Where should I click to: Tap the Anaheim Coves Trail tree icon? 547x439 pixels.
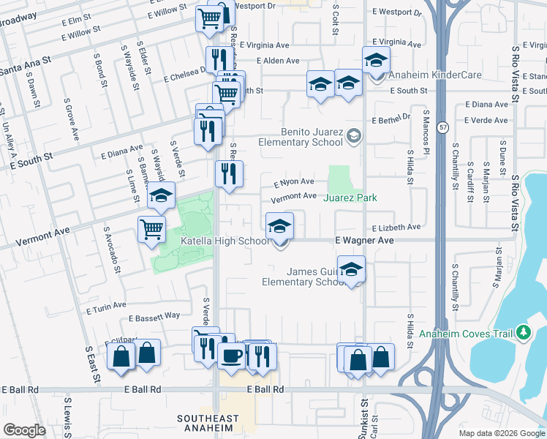pyautogui.click(x=522, y=333)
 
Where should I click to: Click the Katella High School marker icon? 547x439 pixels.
pyautogui.click(x=279, y=226)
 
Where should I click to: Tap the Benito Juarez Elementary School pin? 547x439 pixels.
pyautogui.click(x=354, y=135)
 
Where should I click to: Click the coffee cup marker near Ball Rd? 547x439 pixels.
pyautogui.click(x=232, y=356)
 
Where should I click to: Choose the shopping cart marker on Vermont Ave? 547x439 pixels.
pyautogui.click(x=151, y=229)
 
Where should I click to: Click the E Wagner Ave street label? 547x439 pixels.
pyautogui.click(x=364, y=241)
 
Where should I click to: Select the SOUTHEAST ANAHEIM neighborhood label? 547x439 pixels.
pyautogui.click(x=208, y=423)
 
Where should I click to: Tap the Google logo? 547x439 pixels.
pyautogui.click(x=24, y=430)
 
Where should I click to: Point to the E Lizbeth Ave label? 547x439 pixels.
pyautogui.click(x=396, y=228)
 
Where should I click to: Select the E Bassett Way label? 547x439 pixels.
pyautogui.click(x=154, y=317)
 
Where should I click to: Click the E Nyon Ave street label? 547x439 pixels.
pyautogui.click(x=294, y=182)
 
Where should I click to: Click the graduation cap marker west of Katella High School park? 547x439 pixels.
pyautogui.click(x=162, y=195)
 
